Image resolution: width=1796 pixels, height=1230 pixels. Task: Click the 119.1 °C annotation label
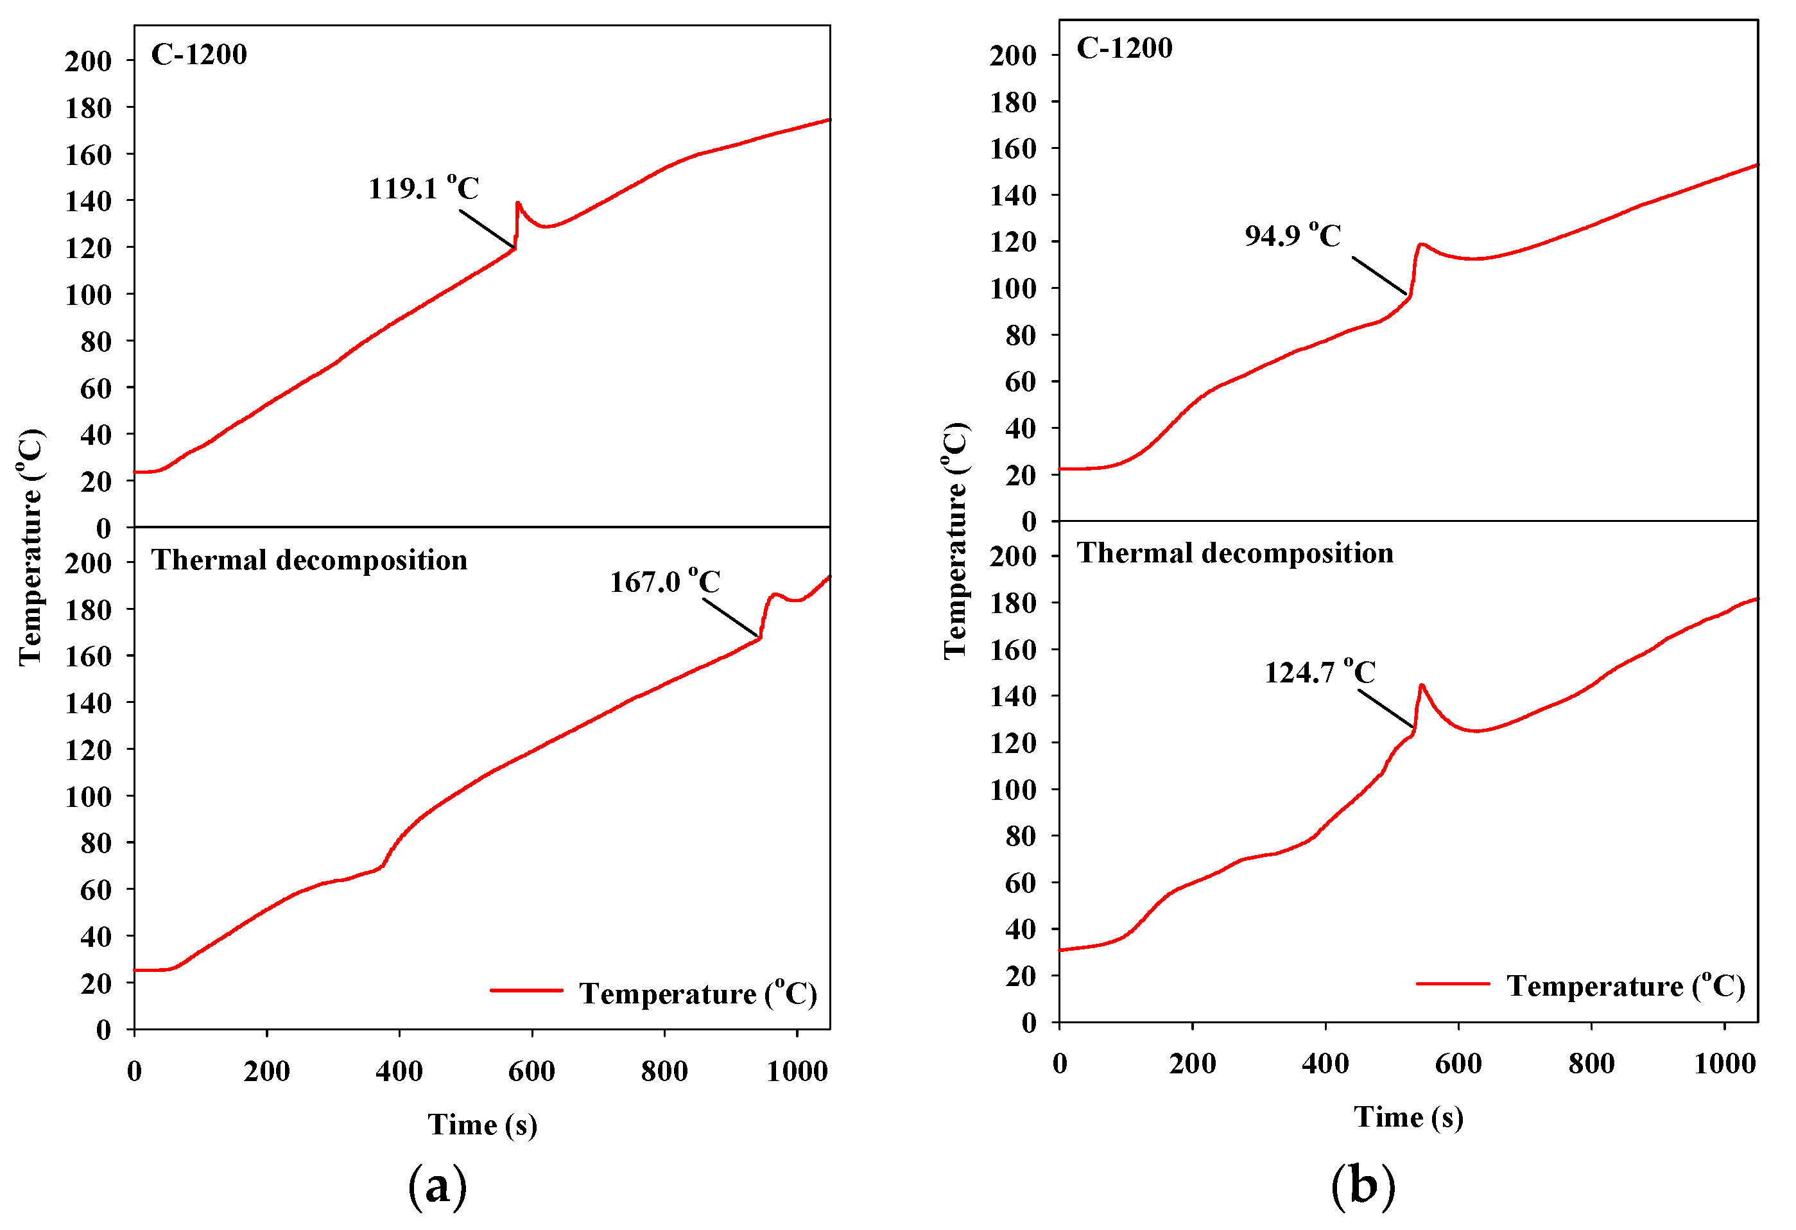pos(424,188)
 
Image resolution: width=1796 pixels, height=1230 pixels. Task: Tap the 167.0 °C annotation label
pos(664,582)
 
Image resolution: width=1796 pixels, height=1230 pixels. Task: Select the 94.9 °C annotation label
pos(1292,235)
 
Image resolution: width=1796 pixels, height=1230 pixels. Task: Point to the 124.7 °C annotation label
pos(1319,672)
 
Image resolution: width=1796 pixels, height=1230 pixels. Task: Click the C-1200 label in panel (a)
pos(198,54)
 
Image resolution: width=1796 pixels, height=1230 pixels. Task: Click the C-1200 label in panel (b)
pos(1124,48)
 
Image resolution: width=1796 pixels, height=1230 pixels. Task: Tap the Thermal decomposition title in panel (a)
pos(309,560)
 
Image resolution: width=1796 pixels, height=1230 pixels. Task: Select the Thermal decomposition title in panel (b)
pos(1235,553)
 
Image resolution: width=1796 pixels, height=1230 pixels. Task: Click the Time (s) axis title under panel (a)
pos(482,1124)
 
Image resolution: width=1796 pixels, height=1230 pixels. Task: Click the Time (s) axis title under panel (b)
pos(1408,1117)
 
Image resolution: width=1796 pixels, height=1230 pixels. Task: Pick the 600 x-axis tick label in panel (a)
pos(531,1071)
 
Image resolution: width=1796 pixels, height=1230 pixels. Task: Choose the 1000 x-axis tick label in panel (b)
pos(1725,1064)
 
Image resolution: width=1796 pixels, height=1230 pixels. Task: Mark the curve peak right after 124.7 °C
pos(1422,685)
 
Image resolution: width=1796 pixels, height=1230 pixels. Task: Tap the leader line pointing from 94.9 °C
pos(1379,276)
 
